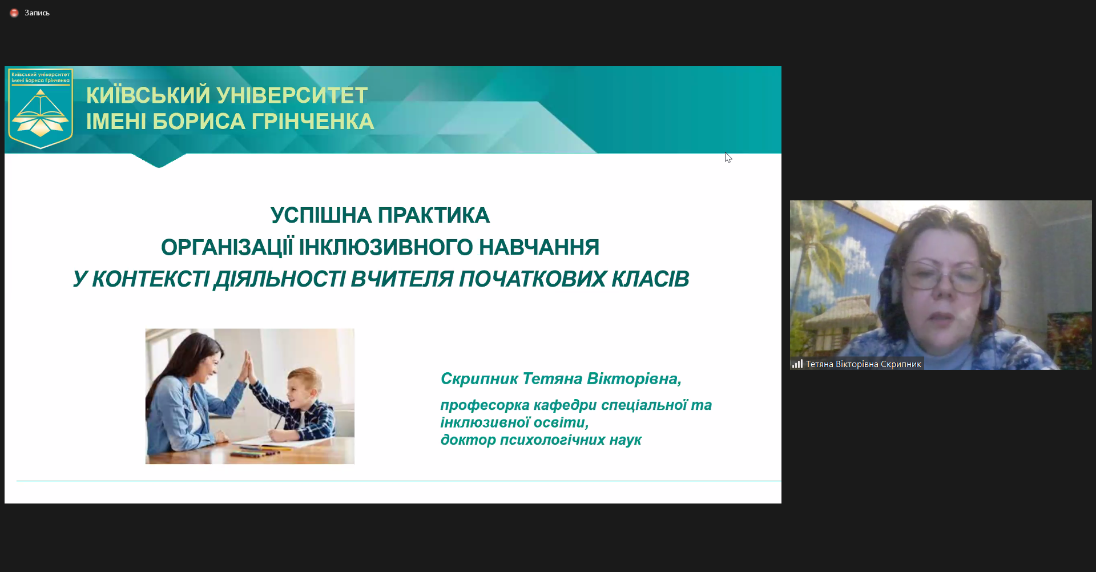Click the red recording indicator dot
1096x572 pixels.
point(14,13)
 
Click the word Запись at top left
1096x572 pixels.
point(37,13)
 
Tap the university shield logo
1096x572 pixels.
point(41,108)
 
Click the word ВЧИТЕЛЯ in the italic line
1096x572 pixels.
point(402,279)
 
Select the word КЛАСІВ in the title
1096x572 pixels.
point(651,279)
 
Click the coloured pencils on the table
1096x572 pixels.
point(256,452)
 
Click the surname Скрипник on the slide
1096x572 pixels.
point(479,378)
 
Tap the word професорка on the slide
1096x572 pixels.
point(485,405)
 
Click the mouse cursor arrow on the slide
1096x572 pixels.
point(728,157)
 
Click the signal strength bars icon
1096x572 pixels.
point(797,364)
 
